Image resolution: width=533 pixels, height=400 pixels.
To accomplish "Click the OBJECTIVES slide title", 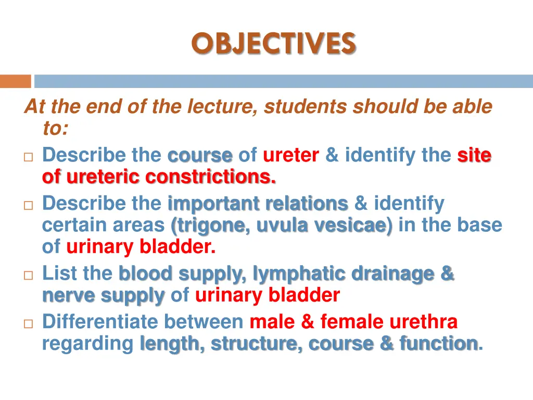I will pos(273,43).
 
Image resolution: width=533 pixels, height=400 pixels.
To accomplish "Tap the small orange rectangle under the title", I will pos(15,82).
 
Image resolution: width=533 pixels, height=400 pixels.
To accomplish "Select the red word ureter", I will pos(290,155).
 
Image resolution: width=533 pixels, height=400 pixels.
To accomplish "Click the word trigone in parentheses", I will pos(210,226).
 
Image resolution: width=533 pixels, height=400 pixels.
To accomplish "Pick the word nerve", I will pos(68,296).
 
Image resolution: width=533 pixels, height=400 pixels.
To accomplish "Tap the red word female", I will pos(351,322).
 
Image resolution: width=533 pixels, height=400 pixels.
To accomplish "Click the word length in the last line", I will pos(169,344).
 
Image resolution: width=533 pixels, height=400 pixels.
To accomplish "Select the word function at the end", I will pos(438,344).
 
